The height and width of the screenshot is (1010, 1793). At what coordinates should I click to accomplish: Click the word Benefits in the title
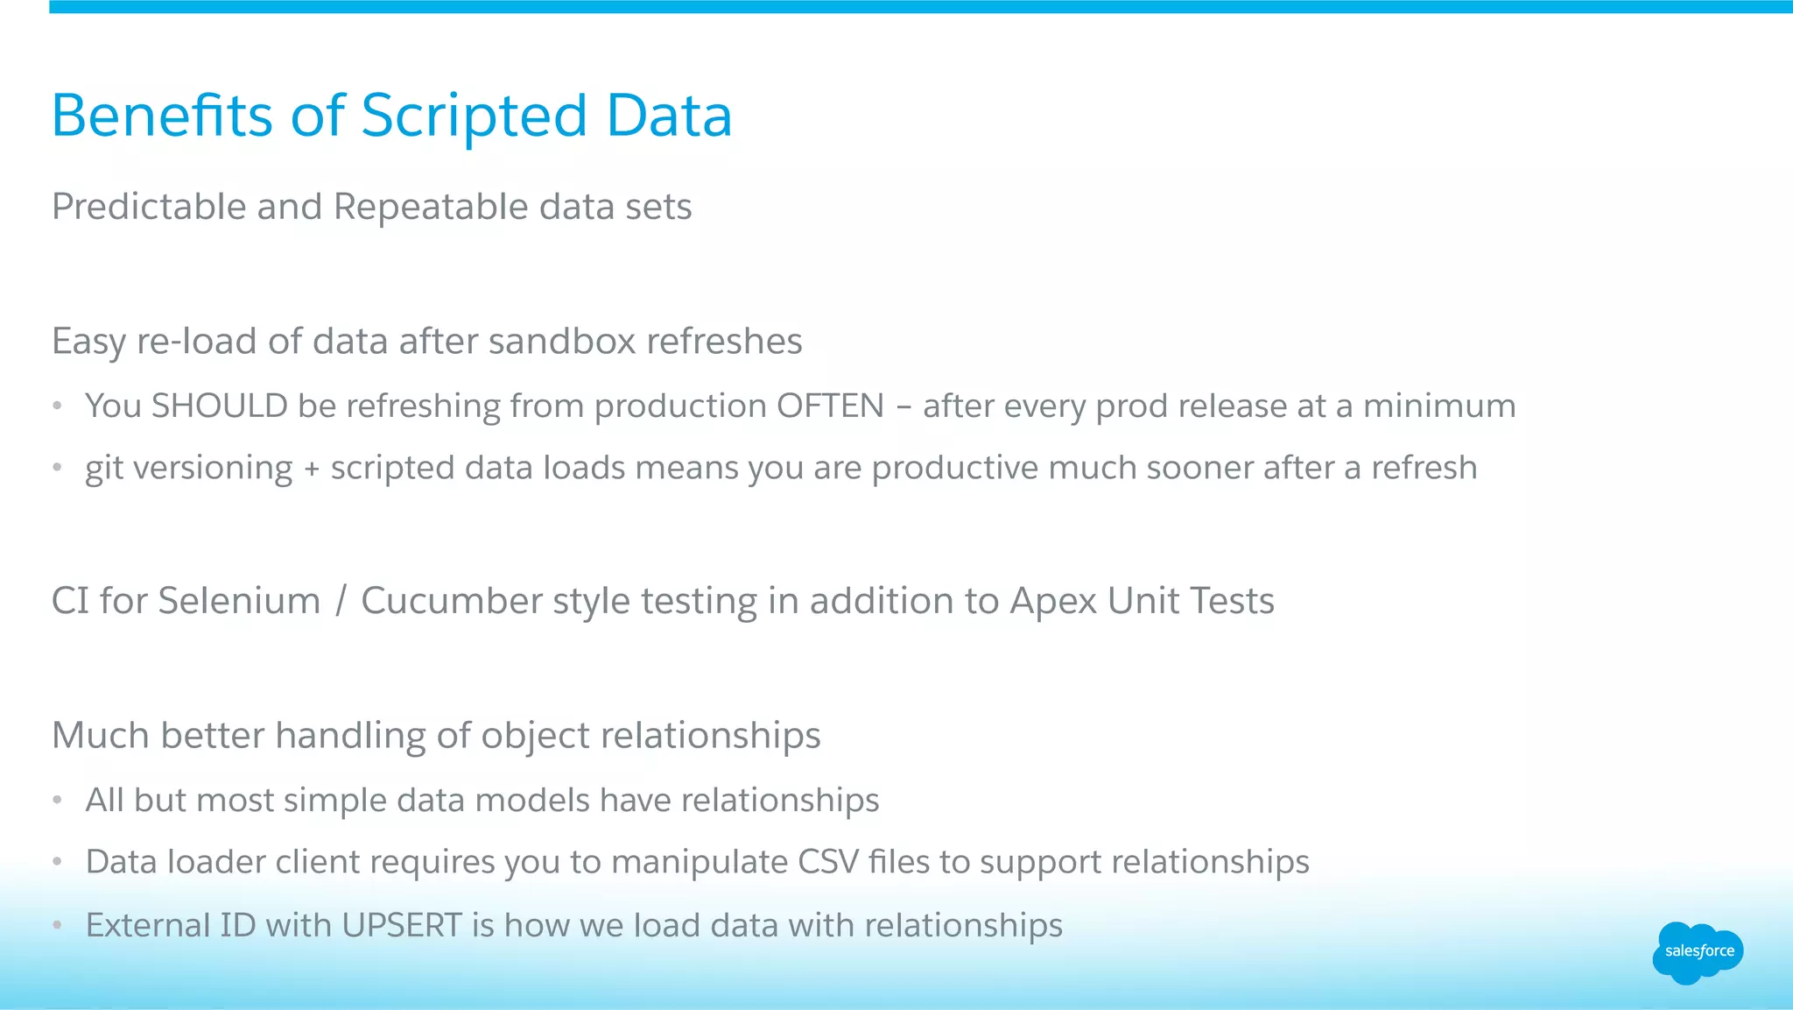tap(162, 116)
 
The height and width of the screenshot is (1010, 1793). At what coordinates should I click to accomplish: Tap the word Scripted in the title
tap(474, 116)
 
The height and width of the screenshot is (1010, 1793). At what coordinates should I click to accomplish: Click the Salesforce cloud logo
tap(1698, 952)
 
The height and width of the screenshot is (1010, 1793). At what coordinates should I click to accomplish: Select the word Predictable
tap(149, 208)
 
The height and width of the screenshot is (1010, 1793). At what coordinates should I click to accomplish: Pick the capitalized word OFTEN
tap(830, 406)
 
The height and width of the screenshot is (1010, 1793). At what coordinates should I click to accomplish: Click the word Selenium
tap(239, 602)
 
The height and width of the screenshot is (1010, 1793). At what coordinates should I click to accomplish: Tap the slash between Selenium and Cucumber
tap(341, 602)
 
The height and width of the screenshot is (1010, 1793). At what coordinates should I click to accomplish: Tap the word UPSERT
tap(402, 926)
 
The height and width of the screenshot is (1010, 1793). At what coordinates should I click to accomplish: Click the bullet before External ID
tap(57, 925)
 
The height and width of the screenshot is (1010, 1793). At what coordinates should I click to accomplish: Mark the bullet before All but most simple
tap(57, 800)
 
